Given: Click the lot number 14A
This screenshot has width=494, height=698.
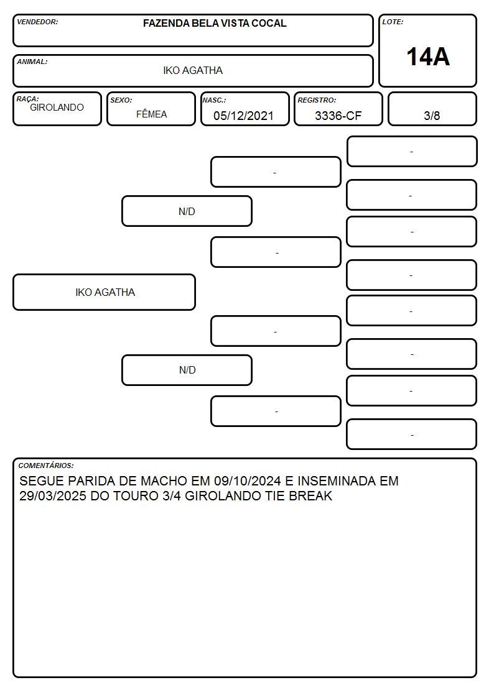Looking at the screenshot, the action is click(x=428, y=57).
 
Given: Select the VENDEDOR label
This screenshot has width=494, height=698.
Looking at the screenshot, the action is click(x=37, y=22).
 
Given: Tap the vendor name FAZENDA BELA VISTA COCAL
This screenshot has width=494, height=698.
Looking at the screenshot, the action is click(x=215, y=23).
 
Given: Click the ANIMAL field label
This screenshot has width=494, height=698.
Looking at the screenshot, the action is click(x=32, y=62).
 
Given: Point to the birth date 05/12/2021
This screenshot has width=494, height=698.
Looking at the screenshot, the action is click(x=243, y=116).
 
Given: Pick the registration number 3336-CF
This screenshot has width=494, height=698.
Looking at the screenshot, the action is click(x=338, y=116).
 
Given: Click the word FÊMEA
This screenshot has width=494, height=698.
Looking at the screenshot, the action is click(x=151, y=114).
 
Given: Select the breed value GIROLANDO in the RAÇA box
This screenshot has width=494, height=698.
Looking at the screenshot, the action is click(x=57, y=108).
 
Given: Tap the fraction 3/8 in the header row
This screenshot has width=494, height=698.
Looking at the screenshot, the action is click(x=432, y=116).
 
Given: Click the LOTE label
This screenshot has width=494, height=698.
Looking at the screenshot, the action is click(x=393, y=22).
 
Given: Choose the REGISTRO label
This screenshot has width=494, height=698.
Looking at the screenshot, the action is click(x=317, y=100).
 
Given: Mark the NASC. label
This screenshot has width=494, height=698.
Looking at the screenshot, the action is click(x=214, y=100).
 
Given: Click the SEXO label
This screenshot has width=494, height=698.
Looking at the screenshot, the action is click(x=121, y=100).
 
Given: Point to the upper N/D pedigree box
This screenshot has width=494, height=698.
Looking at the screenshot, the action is click(x=187, y=211).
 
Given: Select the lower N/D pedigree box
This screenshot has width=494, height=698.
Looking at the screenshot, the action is click(x=187, y=370).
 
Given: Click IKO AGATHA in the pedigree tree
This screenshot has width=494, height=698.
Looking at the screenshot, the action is click(x=105, y=292).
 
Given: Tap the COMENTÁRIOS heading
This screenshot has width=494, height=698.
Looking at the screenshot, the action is click(x=46, y=466).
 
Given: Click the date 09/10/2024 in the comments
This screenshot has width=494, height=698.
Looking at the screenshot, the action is click(x=248, y=481).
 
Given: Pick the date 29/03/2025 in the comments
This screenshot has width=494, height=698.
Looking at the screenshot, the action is click(x=52, y=496).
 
